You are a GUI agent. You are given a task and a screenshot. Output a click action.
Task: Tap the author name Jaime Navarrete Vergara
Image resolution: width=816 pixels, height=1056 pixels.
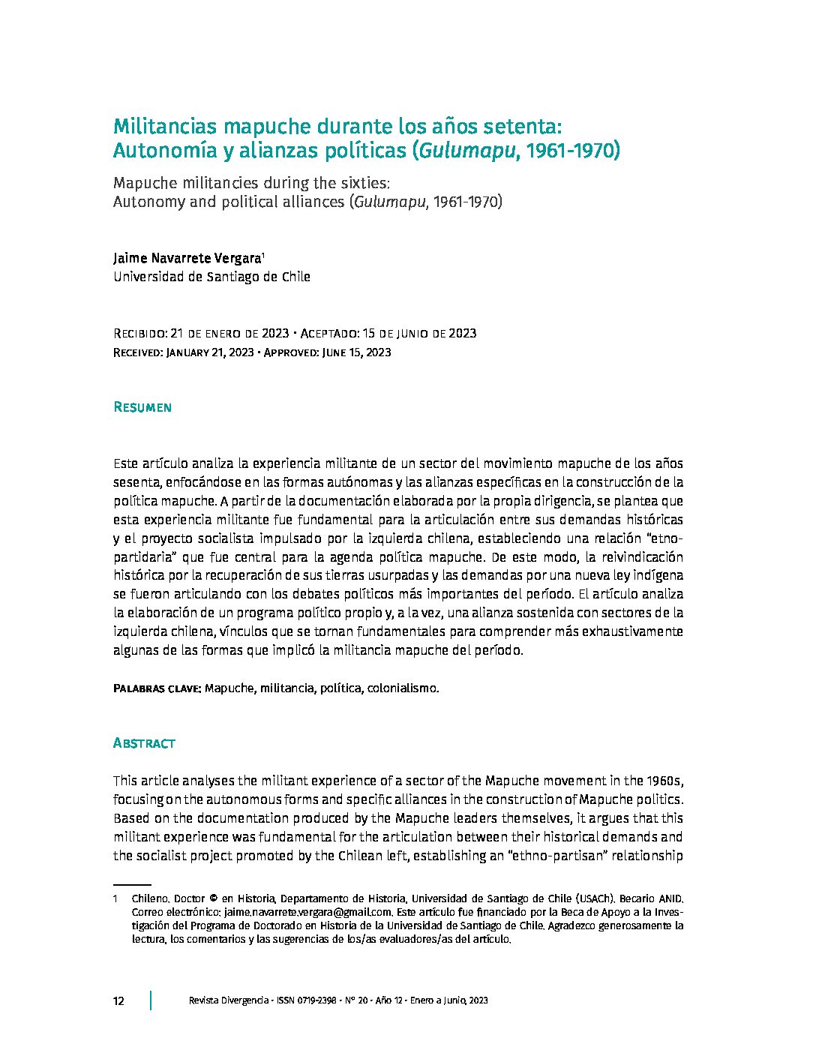pyautogui.click(x=186, y=258)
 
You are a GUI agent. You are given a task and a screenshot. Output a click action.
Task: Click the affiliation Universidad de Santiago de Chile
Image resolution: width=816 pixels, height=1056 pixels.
pyautogui.click(x=211, y=277)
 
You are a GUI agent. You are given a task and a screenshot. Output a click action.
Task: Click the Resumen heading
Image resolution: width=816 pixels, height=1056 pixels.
pyautogui.click(x=142, y=407)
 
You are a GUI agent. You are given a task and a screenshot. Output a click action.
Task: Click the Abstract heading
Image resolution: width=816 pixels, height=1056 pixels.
pyautogui.click(x=143, y=743)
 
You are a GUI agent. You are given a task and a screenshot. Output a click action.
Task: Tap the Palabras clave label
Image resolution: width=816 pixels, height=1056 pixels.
pyautogui.click(x=156, y=688)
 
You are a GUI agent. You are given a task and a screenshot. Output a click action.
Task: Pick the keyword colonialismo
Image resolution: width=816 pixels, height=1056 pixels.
pyautogui.click(x=402, y=688)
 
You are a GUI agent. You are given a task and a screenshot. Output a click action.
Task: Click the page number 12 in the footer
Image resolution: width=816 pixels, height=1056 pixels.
pyautogui.click(x=118, y=1001)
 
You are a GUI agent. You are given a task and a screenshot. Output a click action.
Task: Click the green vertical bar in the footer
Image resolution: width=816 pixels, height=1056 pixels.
pyautogui.click(x=151, y=1000)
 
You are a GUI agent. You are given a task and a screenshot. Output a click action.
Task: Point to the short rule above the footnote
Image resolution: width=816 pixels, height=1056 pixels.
pyautogui.click(x=132, y=885)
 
